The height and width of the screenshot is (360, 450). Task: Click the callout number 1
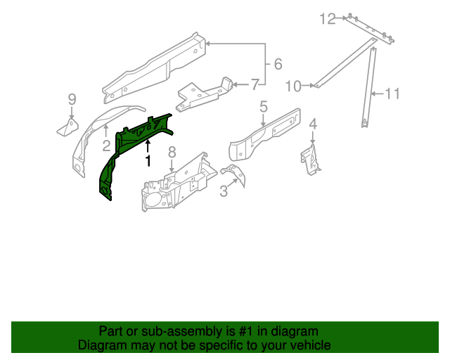[x=148, y=161]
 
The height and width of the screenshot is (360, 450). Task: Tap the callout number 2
[x=106, y=146]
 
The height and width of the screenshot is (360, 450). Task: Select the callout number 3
[x=224, y=191]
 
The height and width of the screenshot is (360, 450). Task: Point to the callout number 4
[x=313, y=124]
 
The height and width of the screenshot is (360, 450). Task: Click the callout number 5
[x=263, y=107]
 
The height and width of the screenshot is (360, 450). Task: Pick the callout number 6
[x=278, y=65]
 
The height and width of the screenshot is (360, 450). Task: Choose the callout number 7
[x=255, y=84]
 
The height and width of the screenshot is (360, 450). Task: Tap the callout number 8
[x=172, y=153]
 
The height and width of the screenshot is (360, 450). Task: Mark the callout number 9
[x=72, y=98]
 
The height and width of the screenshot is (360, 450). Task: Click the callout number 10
[x=293, y=86]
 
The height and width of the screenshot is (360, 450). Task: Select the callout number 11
[x=392, y=93]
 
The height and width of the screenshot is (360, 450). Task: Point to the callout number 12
[x=328, y=18]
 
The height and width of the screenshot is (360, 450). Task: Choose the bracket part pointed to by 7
[x=204, y=94]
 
